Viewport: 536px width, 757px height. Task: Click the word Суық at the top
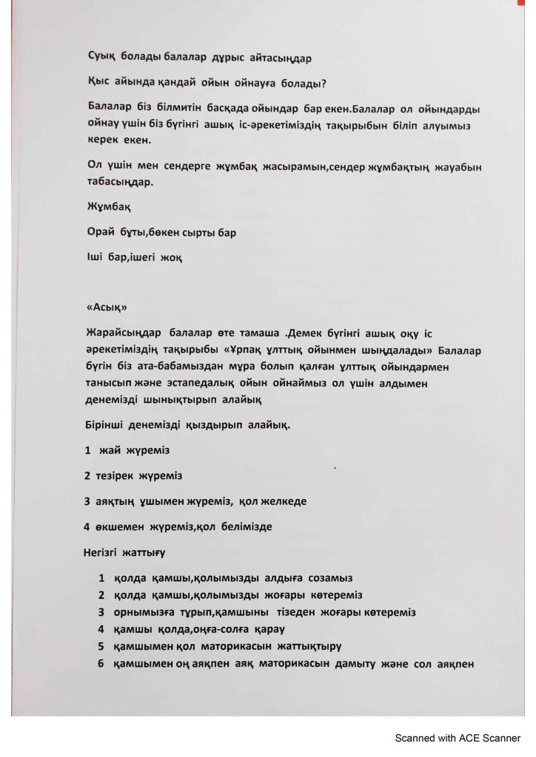[101, 54]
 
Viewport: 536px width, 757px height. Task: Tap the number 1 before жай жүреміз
[88, 449]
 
